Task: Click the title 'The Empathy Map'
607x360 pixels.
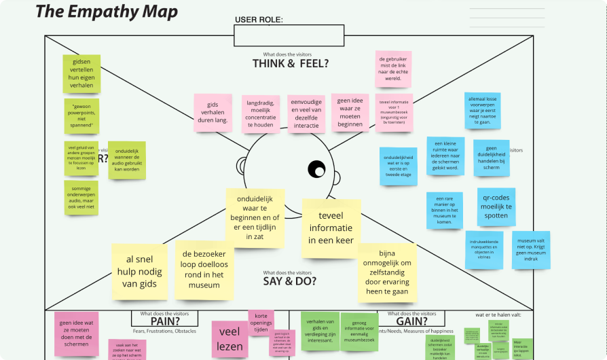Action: click(x=107, y=12)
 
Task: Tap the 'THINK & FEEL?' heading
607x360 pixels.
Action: click(x=291, y=63)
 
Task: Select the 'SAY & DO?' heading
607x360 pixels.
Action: click(x=290, y=280)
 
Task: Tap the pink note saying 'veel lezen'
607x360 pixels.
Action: click(x=231, y=338)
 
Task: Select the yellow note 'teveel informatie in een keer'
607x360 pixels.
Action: click(x=331, y=228)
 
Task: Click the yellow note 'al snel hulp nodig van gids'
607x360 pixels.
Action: click(x=139, y=272)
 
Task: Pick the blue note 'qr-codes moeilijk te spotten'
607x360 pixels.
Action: click(x=496, y=207)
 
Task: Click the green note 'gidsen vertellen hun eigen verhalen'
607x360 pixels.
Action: click(x=81, y=74)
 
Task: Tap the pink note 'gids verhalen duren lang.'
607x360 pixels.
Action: click(x=213, y=111)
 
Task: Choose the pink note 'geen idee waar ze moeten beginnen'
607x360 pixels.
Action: click(x=350, y=112)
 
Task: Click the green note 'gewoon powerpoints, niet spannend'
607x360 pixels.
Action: click(x=81, y=115)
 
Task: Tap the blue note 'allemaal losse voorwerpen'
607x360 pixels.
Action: click(x=483, y=110)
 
